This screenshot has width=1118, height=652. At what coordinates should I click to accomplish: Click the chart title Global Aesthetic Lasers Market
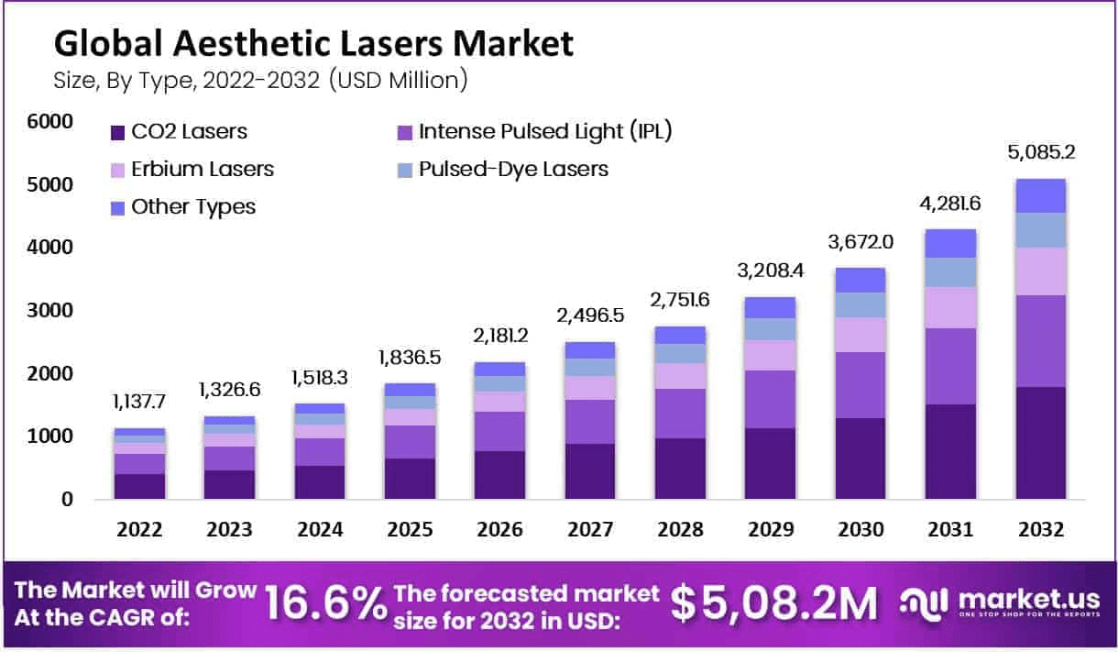(313, 43)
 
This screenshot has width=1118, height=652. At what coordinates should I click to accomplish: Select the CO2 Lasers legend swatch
(116, 132)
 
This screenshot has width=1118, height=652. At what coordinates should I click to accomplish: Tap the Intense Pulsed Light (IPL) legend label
(545, 131)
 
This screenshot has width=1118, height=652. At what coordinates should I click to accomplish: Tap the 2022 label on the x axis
(139, 530)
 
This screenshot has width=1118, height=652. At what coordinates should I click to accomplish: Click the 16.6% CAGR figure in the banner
(325, 603)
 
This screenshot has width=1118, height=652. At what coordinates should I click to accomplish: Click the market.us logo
(999, 603)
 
